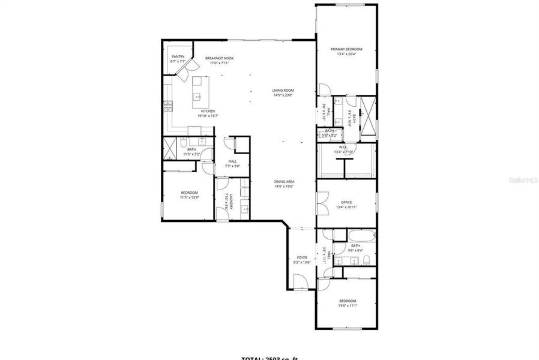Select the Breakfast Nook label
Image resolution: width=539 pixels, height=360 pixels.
click(219, 58)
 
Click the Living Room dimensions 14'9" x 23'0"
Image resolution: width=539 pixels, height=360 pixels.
click(283, 95)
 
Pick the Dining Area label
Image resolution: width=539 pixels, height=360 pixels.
click(283, 181)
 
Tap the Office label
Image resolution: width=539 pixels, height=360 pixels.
click(346, 202)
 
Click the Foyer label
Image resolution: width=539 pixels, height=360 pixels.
click(302, 257)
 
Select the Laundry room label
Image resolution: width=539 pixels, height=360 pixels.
click(226, 202)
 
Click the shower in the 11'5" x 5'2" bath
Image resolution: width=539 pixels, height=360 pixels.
click(173, 146)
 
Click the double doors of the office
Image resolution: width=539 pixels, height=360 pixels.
click(323, 203)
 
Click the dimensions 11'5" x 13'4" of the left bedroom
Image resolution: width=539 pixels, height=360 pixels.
click(189, 197)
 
